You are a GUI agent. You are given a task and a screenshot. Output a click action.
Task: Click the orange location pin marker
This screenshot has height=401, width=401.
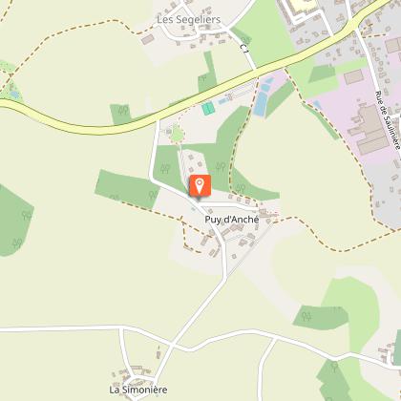200,186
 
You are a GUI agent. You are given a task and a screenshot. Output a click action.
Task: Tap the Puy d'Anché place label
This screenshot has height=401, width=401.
232,219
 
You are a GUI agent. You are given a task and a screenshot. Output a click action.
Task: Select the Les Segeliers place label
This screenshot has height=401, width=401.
183,19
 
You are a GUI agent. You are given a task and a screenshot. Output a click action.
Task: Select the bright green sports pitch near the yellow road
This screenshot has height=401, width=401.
208,108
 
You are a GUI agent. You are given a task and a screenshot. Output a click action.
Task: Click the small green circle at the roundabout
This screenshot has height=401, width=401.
177,135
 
